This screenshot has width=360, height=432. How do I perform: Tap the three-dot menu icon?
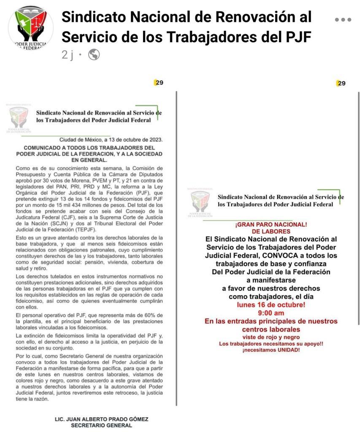(x=343, y=19)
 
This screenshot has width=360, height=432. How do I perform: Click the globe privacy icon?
(x=94, y=54)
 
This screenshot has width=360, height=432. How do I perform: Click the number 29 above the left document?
(x=159, y=83)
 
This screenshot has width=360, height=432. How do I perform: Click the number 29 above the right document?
(x=341, y=83)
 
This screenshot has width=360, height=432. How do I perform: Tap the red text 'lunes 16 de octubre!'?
(x=271, y=305)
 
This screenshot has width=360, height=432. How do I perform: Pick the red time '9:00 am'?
(x=271, y=313)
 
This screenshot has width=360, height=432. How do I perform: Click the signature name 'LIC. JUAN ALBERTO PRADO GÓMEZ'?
(x=102, y=419)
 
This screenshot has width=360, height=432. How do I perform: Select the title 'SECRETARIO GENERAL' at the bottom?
(x=101, y=426)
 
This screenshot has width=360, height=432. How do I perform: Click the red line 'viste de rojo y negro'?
(x=271, y=337)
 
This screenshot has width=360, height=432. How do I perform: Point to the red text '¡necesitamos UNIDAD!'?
(x=271, y=350)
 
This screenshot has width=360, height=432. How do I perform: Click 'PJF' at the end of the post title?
(x=296, y=37)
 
